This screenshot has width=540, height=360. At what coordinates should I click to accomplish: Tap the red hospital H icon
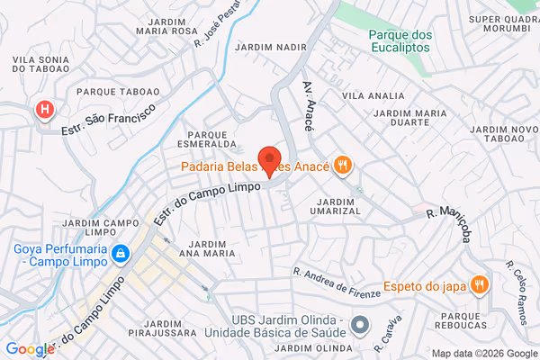(42, 110)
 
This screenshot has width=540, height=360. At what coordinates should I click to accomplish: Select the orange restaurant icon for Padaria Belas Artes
(342, 165)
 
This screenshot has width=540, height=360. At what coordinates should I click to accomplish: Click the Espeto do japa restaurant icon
(479, 285)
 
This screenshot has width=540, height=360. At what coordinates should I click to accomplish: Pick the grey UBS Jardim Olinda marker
(360, 324)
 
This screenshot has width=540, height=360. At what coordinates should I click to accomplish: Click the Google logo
(30, 349)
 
